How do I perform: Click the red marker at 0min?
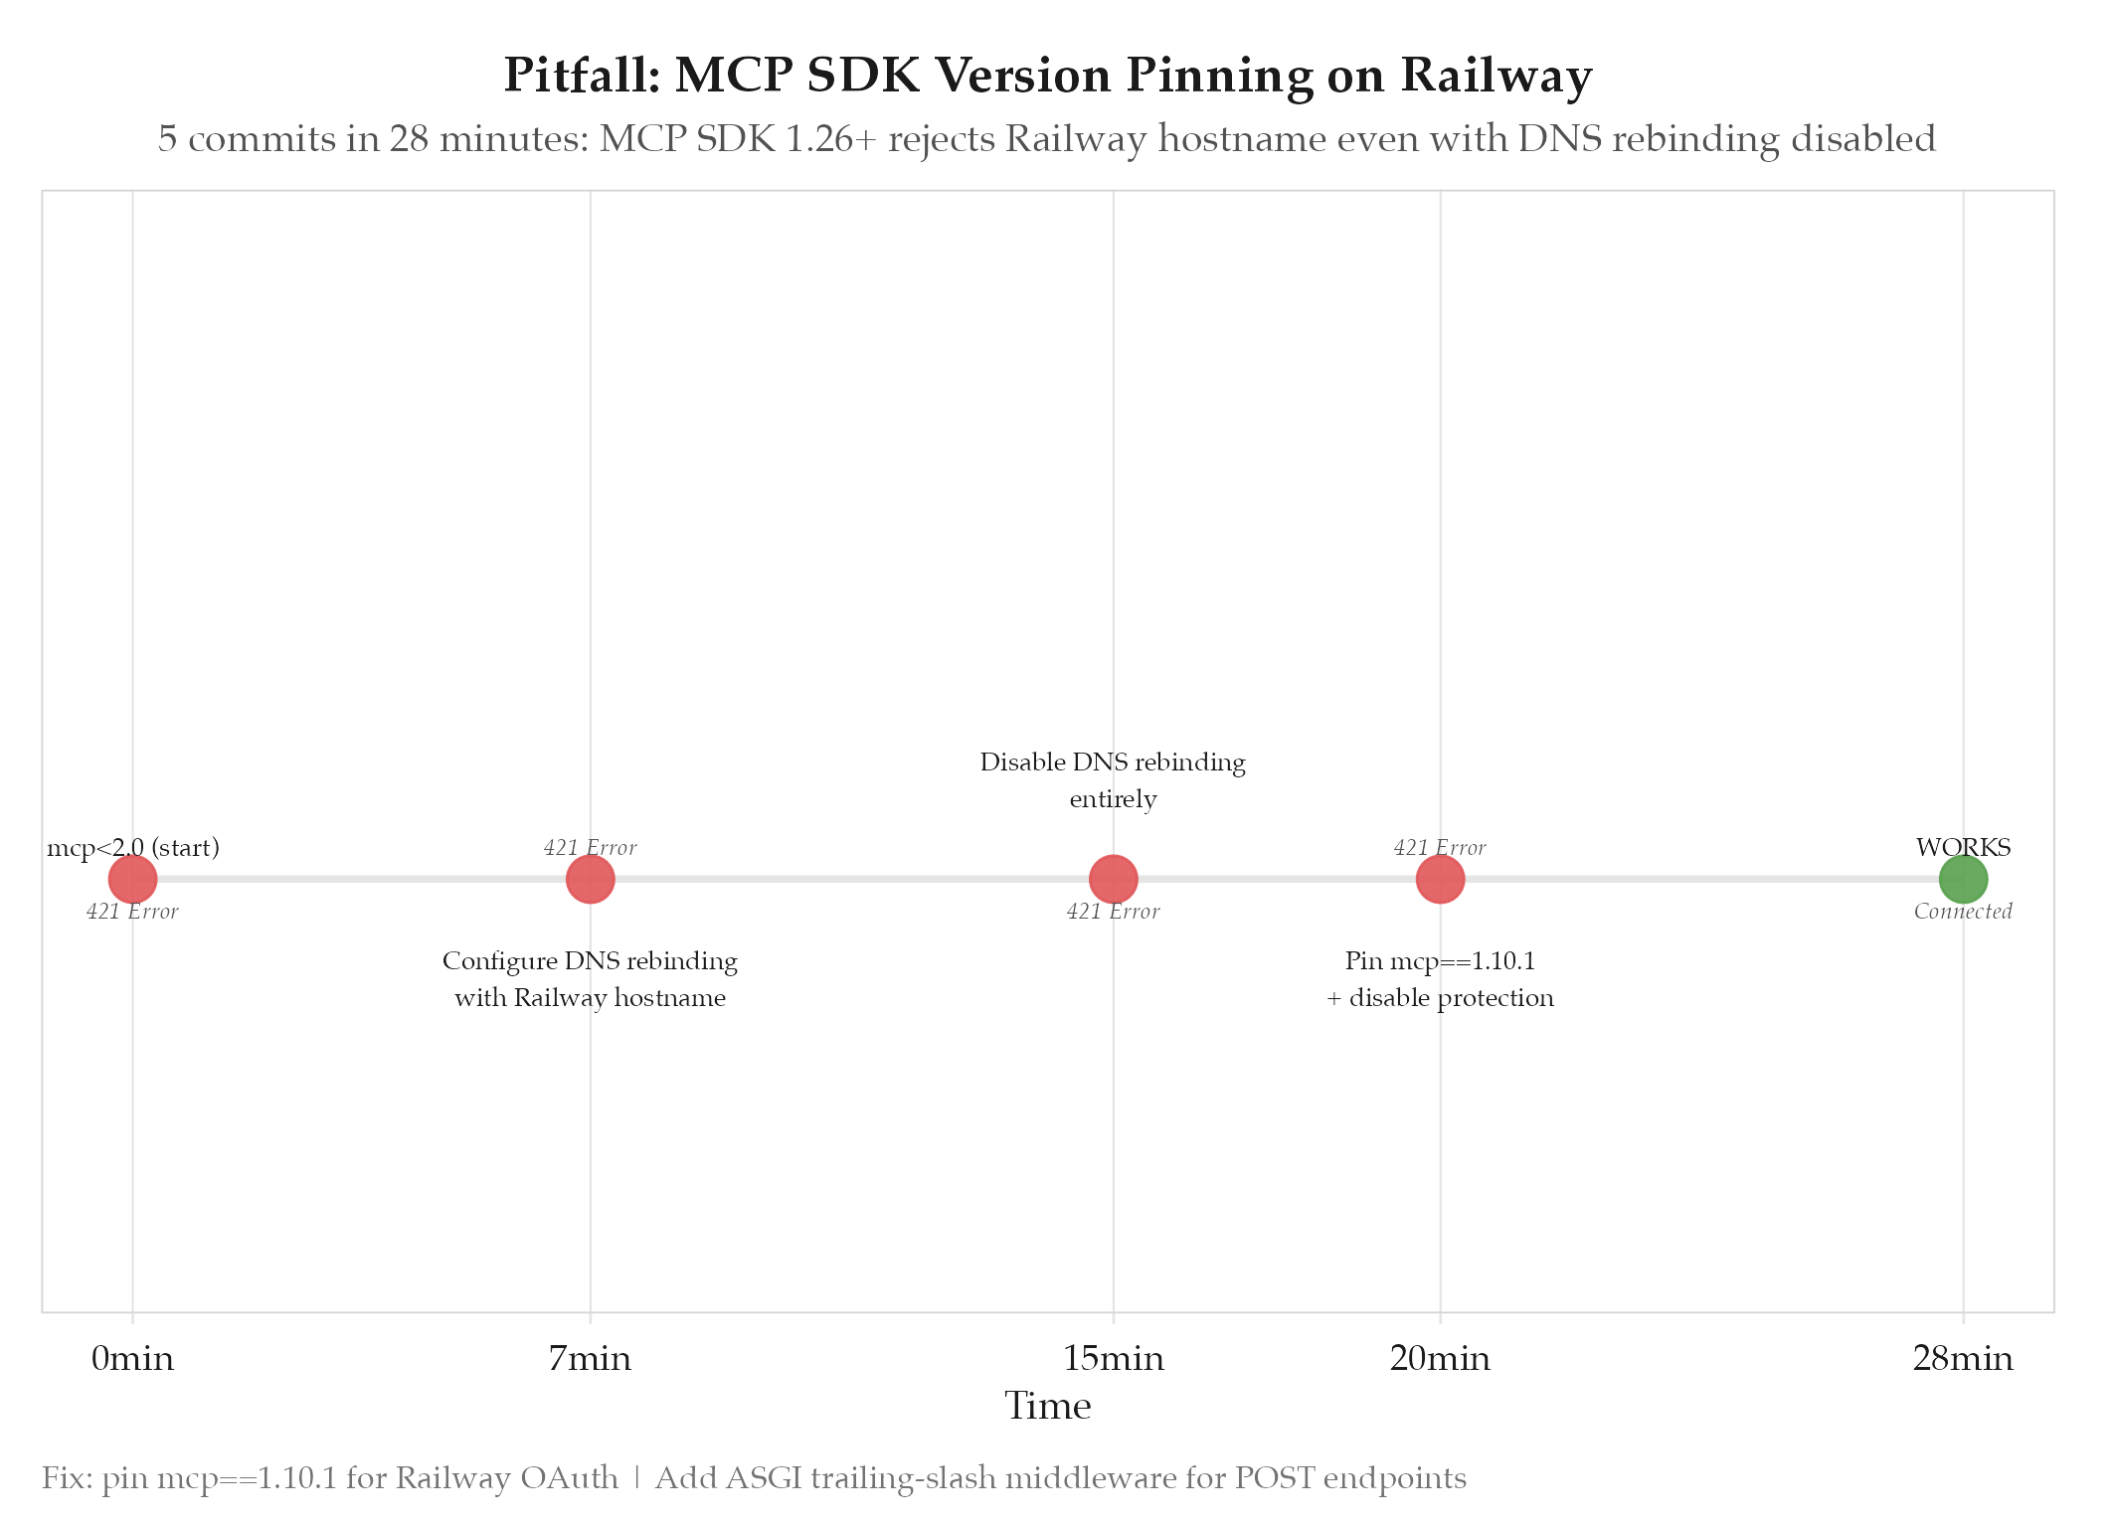click(132, 879)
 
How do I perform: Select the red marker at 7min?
click(591, 879)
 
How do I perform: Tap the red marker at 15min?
click(1114, 879)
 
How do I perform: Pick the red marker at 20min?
click(1440, 879)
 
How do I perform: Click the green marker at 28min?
click(1963, 879)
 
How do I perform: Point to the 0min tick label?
click(132, 1359)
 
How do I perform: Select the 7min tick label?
click(590, 1359)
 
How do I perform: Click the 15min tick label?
click(1114, 1359)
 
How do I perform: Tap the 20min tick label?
click(1440, 1359)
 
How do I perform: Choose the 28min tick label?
click(1963, 1359)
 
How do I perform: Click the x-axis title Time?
click(1048, 1407)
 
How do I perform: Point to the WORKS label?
click(1963, 848)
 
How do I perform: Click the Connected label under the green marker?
click(1963, 912)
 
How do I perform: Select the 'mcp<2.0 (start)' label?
click(133, 848)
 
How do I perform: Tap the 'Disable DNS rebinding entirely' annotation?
click(1113, 780)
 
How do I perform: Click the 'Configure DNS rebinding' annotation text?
click(590, 961)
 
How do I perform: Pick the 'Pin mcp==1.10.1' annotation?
click(1440, 961)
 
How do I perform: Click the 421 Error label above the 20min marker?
click(1440, 848)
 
